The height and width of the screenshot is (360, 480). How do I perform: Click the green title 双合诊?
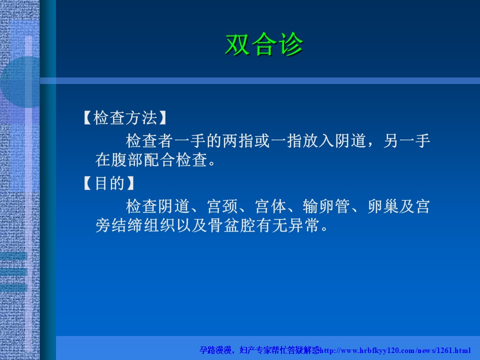click(x=264, y=44)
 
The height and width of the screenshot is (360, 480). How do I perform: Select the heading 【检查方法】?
click(x=125, y=118)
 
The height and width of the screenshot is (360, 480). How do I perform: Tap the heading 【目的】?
click(x=109, y=183)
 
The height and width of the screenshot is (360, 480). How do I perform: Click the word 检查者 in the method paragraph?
click(x=149, y=141)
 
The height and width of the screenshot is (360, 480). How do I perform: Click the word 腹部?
click(x=127, y=160)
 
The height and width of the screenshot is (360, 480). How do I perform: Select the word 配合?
click(x=159, y=160)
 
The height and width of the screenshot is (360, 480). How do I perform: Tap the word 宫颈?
click(x=222, y=206)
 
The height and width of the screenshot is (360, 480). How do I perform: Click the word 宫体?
click(x=270, y=206)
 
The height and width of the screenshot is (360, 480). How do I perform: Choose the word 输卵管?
click(x=326, y=206)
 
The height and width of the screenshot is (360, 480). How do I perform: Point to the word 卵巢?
click(x=382, y=206)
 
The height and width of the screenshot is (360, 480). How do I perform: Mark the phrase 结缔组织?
click(x=143, y=225)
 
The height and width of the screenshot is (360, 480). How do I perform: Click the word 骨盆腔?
click(x=231, y=225)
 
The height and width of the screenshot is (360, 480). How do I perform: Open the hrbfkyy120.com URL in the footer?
click(x=395, y=350)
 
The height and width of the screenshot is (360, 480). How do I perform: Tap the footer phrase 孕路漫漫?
click(x=215, y=350)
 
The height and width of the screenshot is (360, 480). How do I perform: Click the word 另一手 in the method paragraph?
click(x=406, y=141)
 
